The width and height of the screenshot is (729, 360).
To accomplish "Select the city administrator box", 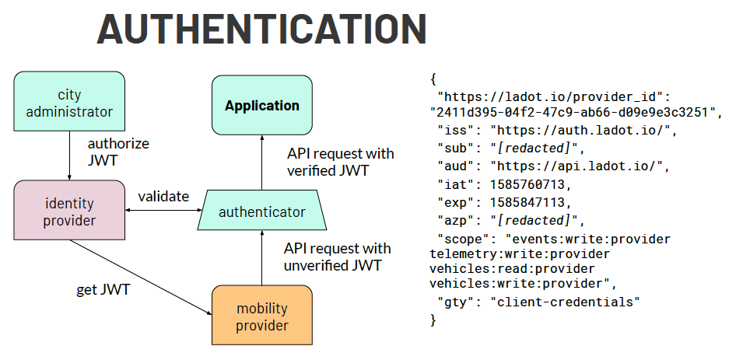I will [x=69, y=103].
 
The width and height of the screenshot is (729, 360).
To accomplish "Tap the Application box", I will [x=261, y=105].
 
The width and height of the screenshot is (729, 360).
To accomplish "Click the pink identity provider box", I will [x=69, y=211].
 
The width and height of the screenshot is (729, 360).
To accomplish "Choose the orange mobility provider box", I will [x=261, y=317].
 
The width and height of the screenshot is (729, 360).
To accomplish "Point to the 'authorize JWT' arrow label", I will [x=118, y=152].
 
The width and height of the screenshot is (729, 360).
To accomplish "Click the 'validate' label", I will [x=163, y=197].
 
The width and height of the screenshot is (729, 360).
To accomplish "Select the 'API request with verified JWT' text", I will [x=340, y=162].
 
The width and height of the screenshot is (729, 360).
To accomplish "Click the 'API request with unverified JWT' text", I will [x=337, y=257].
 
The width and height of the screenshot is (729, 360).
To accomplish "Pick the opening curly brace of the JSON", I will [x=433, y=79].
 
